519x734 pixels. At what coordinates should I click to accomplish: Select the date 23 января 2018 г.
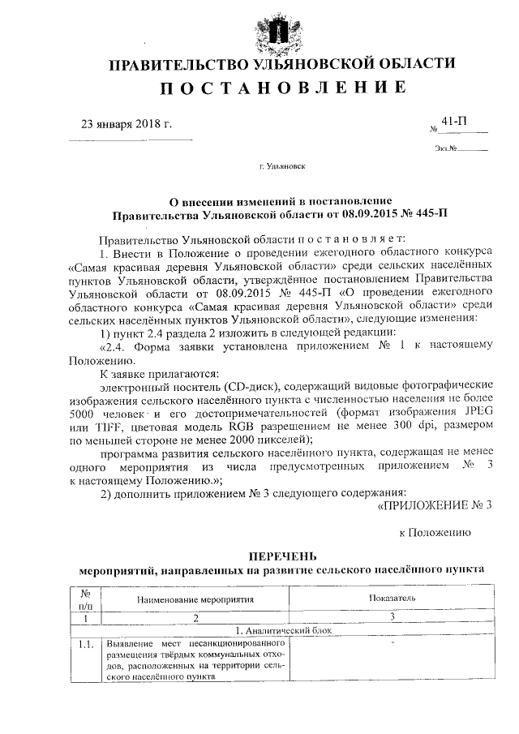click(x=127, y=124)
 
